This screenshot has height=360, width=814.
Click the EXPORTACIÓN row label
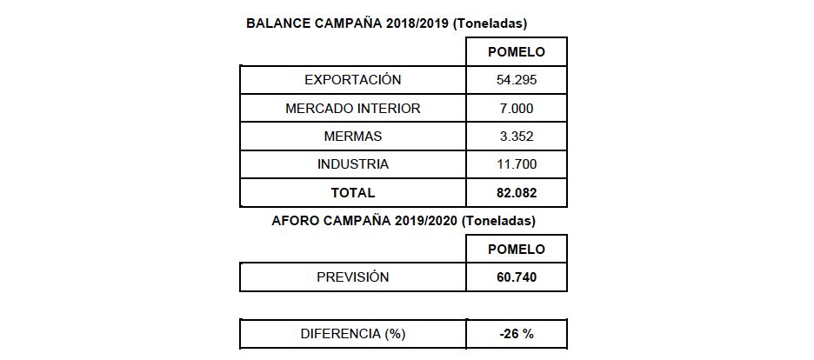(352, 80)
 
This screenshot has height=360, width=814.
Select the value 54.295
(517, 80)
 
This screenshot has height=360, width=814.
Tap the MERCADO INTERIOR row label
(352, 109)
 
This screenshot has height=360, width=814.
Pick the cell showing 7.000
(517, 109)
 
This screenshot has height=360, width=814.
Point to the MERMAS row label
(352, 137)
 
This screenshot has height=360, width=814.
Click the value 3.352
(517, 137)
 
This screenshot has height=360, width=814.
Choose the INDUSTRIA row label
(352, 164)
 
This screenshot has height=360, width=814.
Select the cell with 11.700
(517, 164)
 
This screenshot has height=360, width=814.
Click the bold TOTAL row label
(352, 192)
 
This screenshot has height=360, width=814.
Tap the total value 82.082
(517, 192)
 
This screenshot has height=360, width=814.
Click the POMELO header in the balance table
(517, 52)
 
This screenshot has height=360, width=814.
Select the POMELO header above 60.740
(517, 250)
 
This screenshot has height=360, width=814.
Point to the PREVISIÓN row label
(352, 277)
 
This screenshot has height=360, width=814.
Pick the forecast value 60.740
(517, 277)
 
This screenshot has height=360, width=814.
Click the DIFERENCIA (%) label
(352, 334)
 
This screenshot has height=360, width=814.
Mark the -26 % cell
(517, 334)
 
